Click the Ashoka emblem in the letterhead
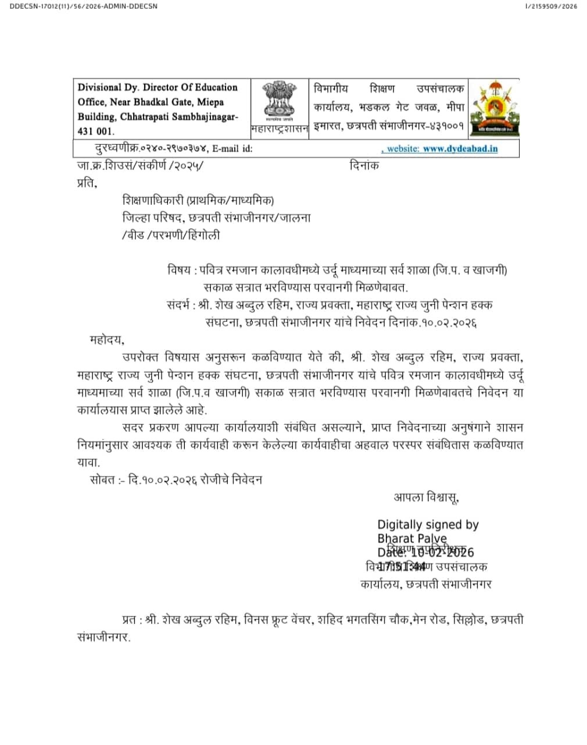pyautogui.click(x=279, y=101)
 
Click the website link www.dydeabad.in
pyautogui.click(x=460, y=148)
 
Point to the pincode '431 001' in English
pyautogui.click(x=96, y=132)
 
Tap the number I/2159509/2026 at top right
pyautogui.click(x=550, y=6)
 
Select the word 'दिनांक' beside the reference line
pyautogui.click(x=364, y=165)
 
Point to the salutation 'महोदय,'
pyautogui.click(x=107, y=339)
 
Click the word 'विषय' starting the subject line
pyautogui.click(x=179, y=270)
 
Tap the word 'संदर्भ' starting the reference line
pyautogui.click(x=178, y=304)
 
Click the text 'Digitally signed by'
pyautogui.click(x=428, y=524)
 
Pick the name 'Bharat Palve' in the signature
pyautogui.click(x=411, y=538)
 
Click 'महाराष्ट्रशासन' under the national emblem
pyautogui.click(x=279, y=128)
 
